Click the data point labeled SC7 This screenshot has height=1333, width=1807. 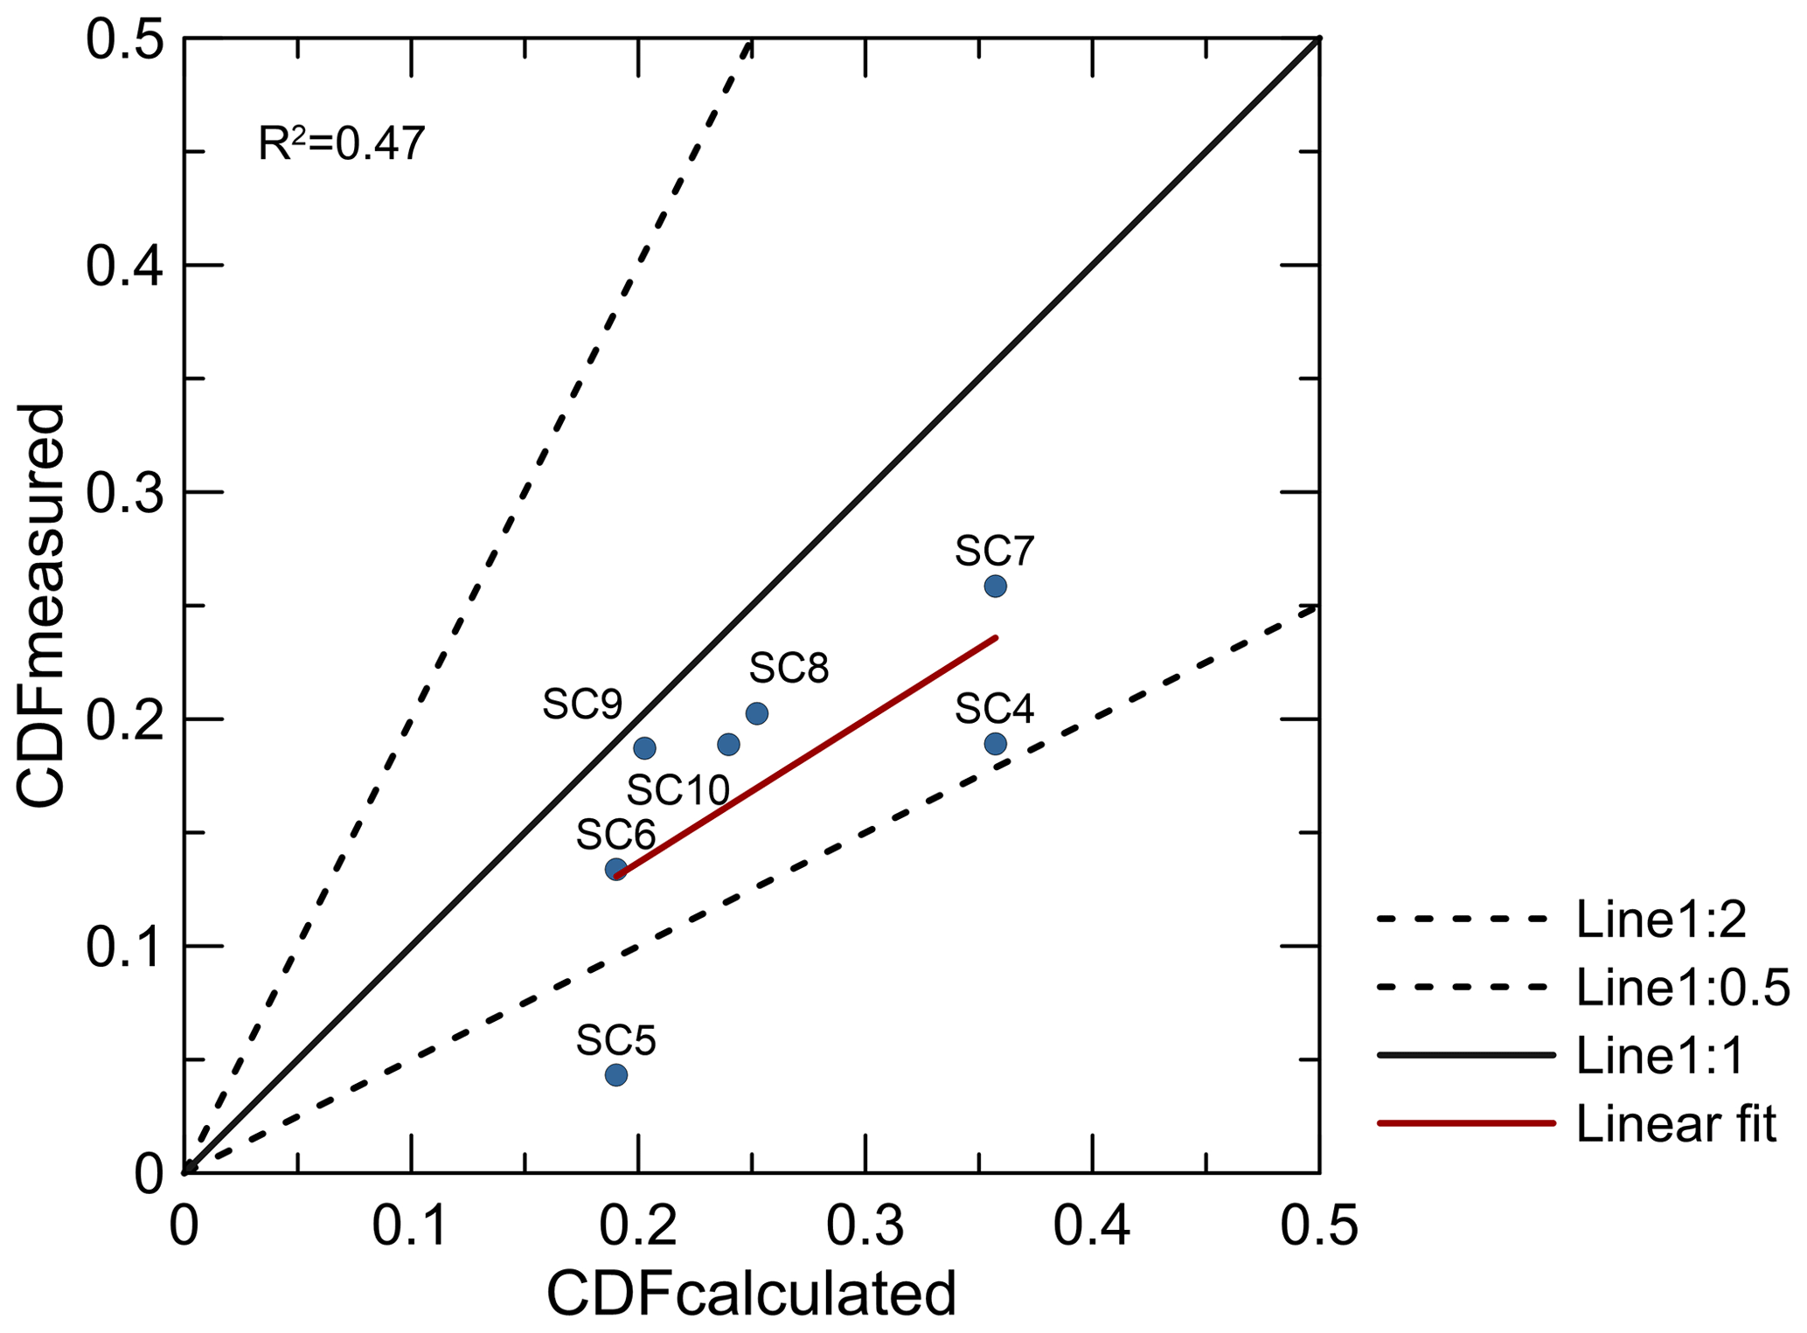995,586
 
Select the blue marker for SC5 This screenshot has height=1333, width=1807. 616,1074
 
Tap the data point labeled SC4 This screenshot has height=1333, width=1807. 995,744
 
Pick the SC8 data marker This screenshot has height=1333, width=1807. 757,713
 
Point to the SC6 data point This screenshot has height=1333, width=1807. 616,869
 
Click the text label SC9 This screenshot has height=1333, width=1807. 582,704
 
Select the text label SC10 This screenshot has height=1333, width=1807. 678,790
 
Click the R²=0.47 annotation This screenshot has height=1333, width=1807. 342,144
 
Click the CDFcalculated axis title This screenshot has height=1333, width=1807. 752,1294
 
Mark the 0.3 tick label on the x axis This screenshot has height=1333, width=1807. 865,1225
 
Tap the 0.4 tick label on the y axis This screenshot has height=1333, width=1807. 125,265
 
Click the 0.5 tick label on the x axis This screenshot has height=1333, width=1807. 1318,1225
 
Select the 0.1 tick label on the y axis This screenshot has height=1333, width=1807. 125,947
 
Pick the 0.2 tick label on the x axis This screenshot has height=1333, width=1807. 638,1225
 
